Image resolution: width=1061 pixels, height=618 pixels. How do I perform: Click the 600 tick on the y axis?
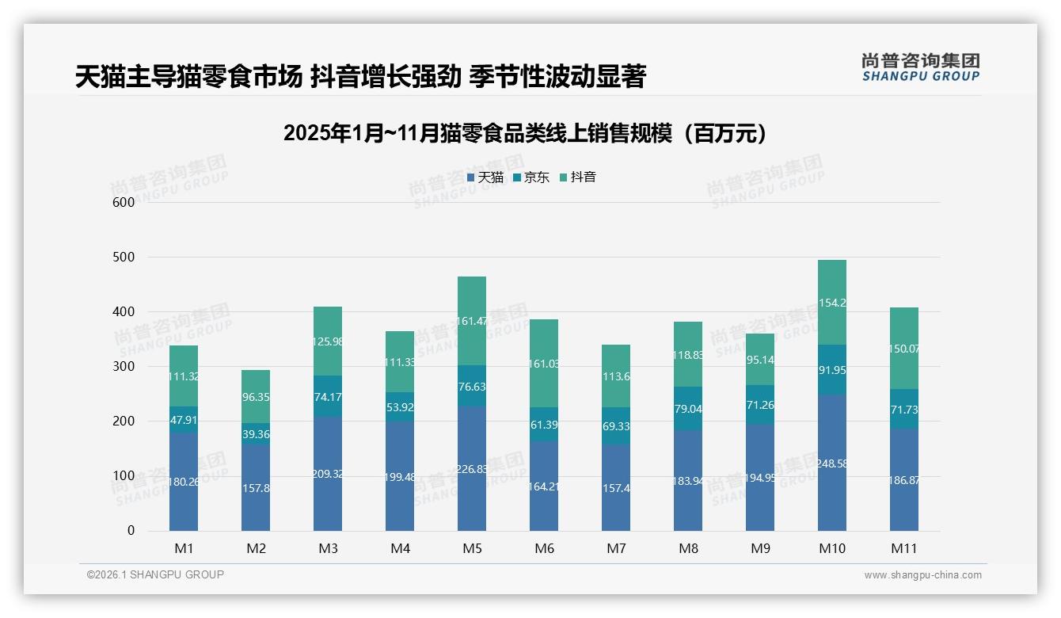point(124,202)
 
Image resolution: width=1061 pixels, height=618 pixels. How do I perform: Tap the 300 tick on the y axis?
point(124,366)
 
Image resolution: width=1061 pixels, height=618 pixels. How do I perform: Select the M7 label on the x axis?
point(616,548)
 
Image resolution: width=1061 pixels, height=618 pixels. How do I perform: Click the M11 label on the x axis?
point(904,548)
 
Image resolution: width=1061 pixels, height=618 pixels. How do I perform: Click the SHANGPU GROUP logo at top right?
point(920,67)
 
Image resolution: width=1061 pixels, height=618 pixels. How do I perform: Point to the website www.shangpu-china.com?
point(922,575)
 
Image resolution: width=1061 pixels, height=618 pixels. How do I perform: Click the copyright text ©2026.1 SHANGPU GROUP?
point(155,574)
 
